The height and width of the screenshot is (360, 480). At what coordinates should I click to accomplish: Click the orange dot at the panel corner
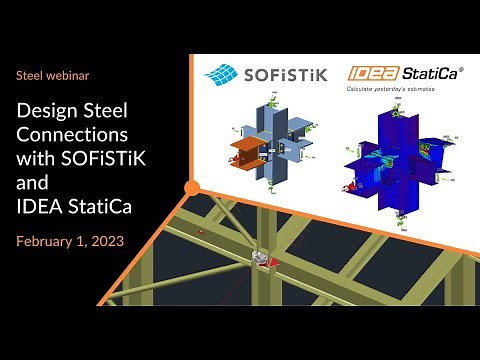pyautogui.click(x=192, y=186)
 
